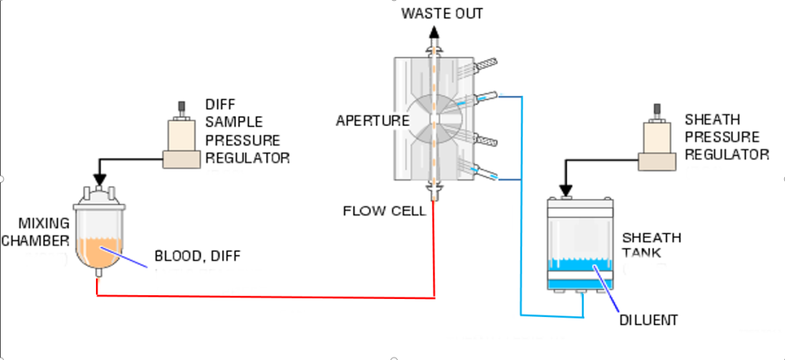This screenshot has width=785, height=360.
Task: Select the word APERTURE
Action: [x=372, y=121]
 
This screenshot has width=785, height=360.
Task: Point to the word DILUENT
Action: [x=648, y=319]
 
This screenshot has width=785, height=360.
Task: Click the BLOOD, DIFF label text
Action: [x=197, y=256]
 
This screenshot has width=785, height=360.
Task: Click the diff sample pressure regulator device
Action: [x=182, y=143]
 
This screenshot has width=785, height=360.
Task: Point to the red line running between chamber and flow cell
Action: [x=262, y=296]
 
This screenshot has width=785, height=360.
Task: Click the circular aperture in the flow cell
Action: [x=434, y=119]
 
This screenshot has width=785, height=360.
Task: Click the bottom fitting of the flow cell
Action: [x=435, y=192]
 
